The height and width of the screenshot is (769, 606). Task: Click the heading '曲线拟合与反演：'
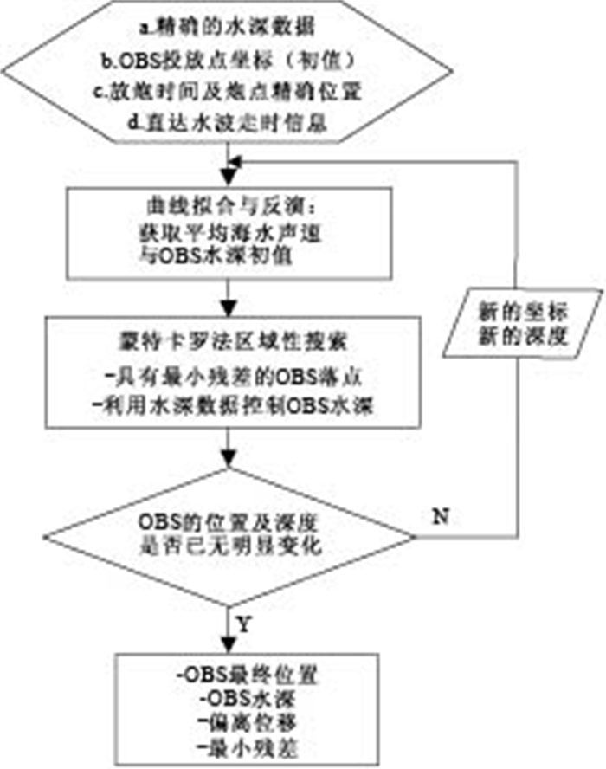224,205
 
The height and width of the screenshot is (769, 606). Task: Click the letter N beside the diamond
440,517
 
